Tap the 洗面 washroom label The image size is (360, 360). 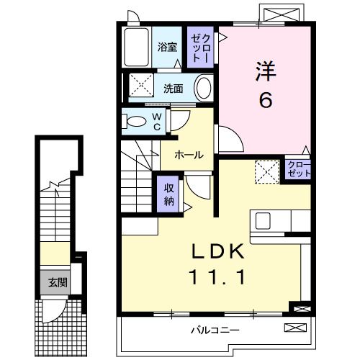[x=173, y=89]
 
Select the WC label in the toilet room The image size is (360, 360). [x=156, y=122]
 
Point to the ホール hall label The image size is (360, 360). [x=187, y=154]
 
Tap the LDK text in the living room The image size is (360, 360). [x=217, y=253]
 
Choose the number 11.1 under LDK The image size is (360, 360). [x=217, y=276]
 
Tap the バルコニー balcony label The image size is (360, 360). [x=216, y=330]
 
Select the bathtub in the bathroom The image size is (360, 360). [x=137, y=48]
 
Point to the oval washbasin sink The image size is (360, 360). [x=204, y=89]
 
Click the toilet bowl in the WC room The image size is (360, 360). [x=134, y=122]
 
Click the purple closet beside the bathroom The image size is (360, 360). [x=199, y=48]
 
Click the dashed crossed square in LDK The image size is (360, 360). [x=267, y=172]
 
